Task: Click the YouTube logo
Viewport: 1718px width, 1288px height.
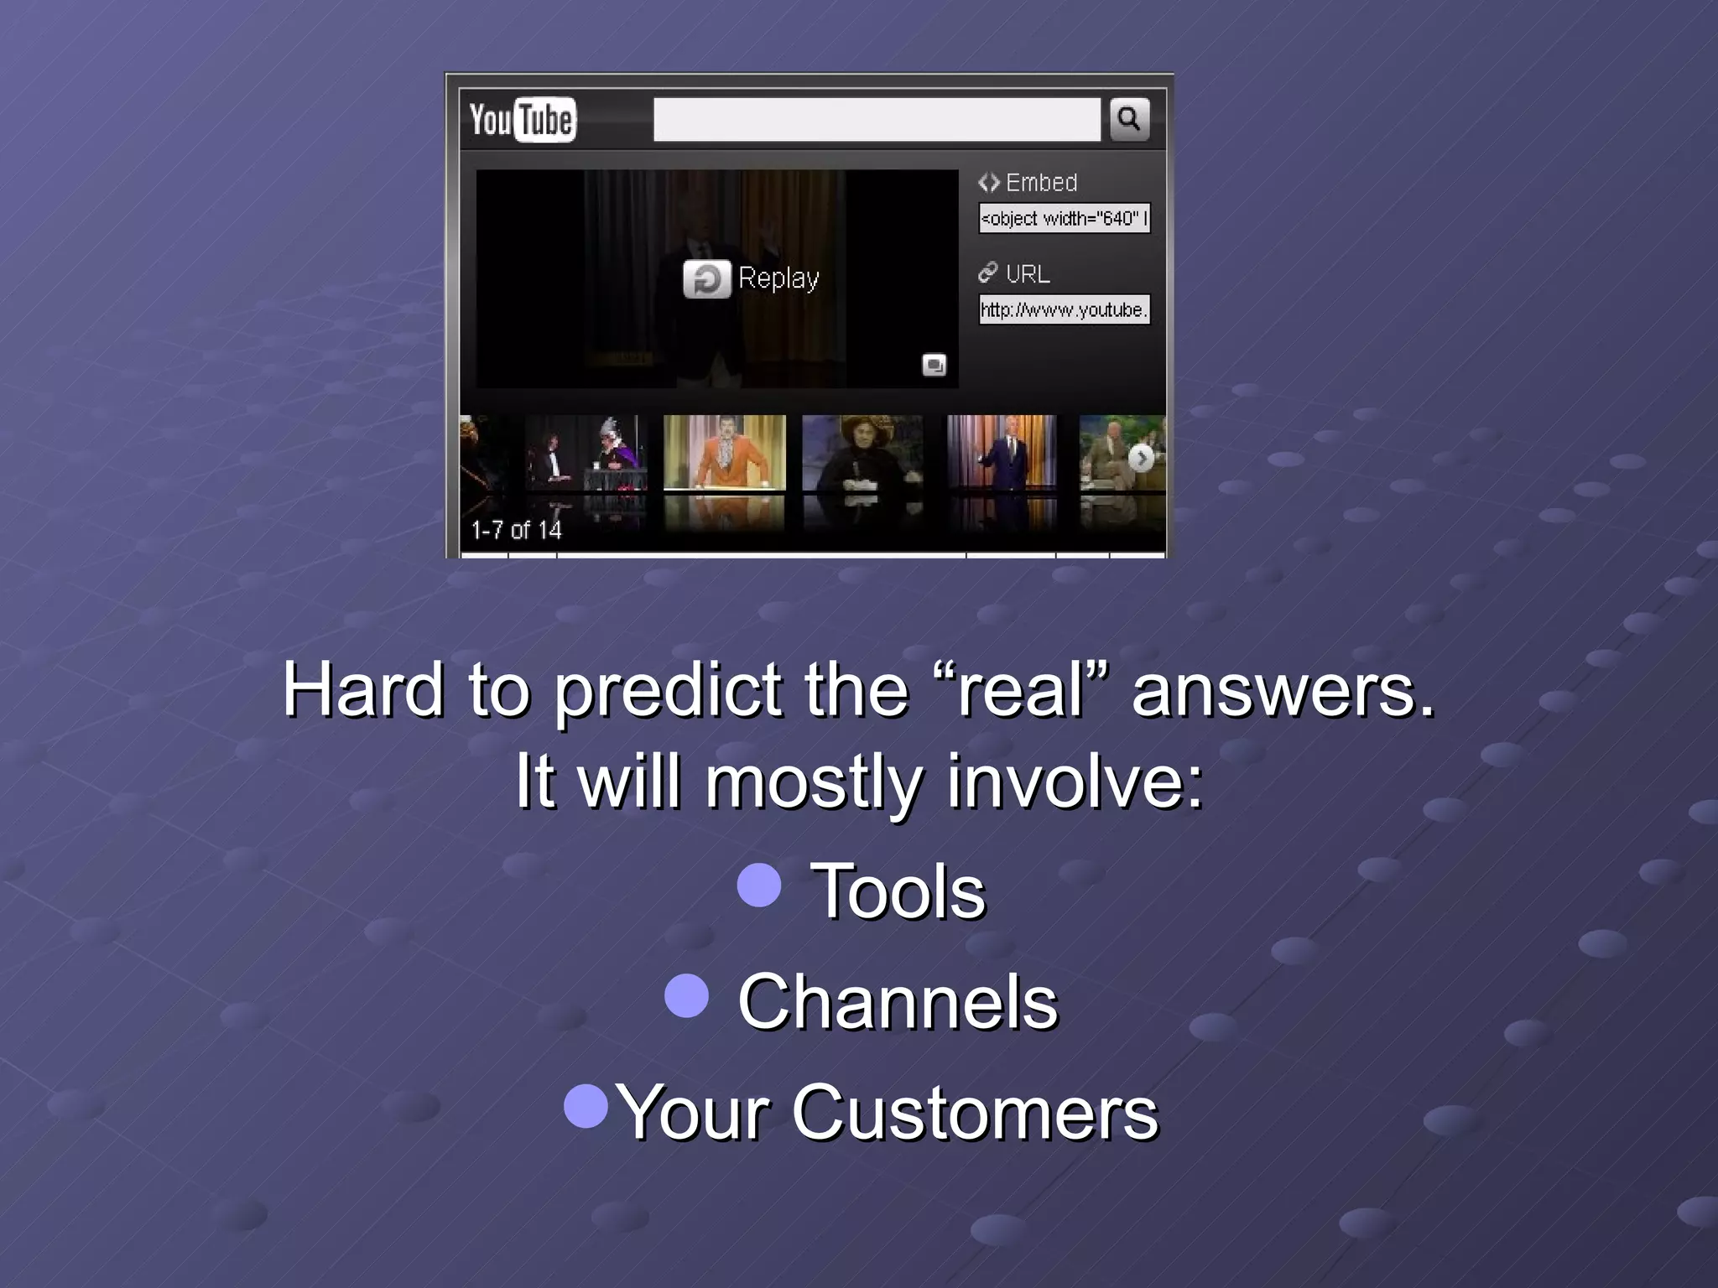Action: pyautogui.click(x=522, y=119)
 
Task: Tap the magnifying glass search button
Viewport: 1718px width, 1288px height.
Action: pyautogui.click(x=1129, y=119)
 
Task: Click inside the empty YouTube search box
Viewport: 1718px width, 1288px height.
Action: pyautogui.click(x=877, y=119)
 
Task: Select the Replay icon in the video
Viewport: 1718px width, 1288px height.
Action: pyautogui.click(x=706, y=279)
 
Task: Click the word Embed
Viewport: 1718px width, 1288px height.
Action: pyautogui.click(x=1041, y=182)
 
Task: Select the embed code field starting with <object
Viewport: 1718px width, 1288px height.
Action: pyautogui.click(x=1064, y=218)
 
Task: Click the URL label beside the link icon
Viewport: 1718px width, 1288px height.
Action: pyautogui.click(x=1028, y=273)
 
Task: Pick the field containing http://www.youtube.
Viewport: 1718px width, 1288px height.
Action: pyautogui.click(x=1064, y=309)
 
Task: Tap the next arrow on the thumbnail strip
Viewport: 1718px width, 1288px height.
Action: pyautogui.click(x=1140, y=458)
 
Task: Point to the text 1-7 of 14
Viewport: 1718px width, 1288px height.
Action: pyautogui.click(x=516, y=530)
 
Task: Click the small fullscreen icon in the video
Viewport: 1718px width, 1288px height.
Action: pyautogui.click(x=934, y=365)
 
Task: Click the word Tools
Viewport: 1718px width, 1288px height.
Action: pyautogui.click(x=898, y=891)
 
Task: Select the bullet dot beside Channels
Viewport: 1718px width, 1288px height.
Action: pyautogui.click(x=686, y=995)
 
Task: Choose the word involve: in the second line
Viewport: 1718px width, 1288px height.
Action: pyautogui.click(x=1075, y=781)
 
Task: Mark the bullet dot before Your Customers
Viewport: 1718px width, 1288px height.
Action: pyautogui.click(x=586, y=1106)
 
